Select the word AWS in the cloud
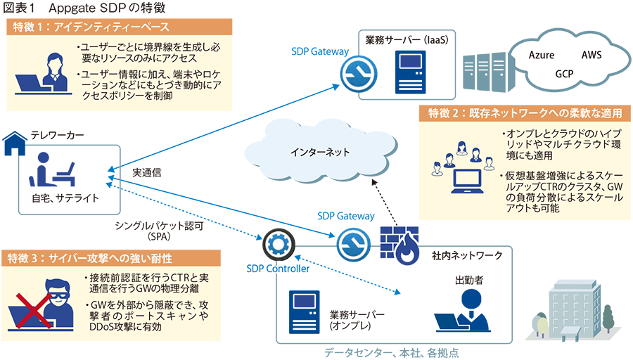pos(591,55)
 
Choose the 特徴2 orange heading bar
pos(524,113)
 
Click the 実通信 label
pos(147,172)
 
